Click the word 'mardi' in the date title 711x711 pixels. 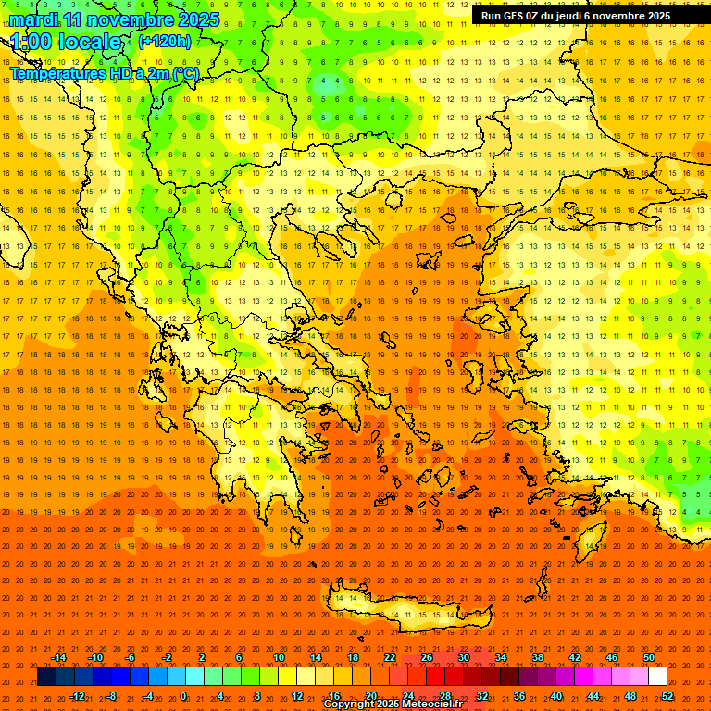point(34,19)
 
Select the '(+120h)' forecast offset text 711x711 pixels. point(165,42)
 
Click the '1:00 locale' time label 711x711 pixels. point(66,42)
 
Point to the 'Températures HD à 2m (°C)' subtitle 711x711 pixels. point(103,74)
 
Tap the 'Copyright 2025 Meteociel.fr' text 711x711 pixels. point(393,705)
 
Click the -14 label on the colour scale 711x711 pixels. point(58,657)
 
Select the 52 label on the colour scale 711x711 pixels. point(667,695)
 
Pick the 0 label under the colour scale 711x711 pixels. point(182,695)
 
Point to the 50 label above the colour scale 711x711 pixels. point(649,657)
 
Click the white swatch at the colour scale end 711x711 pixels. point(658,677)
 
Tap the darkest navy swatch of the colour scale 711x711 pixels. point(46,677)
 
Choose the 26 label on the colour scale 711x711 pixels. point(427,657)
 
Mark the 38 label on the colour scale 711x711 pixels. point(538,657)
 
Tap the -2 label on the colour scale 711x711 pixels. point(168,657)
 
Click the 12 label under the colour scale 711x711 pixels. point(297,695)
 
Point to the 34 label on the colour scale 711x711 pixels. point(501,657)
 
